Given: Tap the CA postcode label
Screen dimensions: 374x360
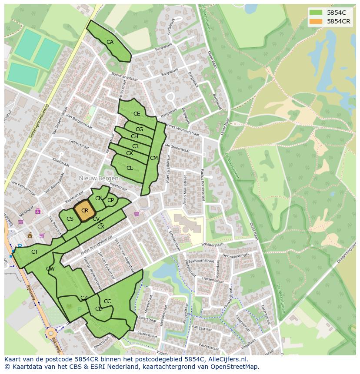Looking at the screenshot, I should click(110, 42).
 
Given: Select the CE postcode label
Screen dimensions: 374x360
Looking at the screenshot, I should click(137, 114).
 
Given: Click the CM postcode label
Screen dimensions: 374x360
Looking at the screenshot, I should click(153, 158).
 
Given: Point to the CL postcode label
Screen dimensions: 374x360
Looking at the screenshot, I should click(130, 168).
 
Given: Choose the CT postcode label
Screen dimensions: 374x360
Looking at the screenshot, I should click(35, 252).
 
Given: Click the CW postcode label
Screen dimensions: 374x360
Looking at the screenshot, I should click(50, 269).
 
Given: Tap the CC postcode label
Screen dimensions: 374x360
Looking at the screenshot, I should click(107, 301).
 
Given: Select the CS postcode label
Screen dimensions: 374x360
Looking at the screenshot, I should click(70, 219).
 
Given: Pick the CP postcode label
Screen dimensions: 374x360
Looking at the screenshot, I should click(110, 200).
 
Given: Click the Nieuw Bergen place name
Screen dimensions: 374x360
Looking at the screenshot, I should click(99, 179).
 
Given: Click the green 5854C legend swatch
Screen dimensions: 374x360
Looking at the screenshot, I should click(316, 13).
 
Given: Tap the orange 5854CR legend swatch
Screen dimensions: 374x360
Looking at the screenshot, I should click(316, 21).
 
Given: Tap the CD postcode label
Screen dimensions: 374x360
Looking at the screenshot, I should click(99, 309).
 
